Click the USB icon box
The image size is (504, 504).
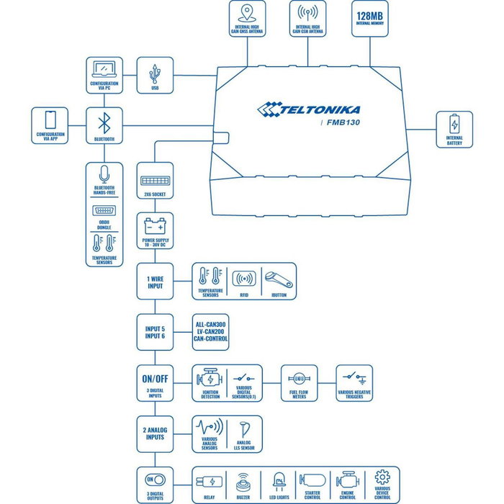pos(155,76)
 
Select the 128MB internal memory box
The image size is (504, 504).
pos(370,20)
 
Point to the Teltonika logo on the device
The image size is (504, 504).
pos(309,109)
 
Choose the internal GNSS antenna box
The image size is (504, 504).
pos(246,20)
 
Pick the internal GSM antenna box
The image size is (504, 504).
pos(308,20)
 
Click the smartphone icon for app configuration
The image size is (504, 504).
pos(50,119)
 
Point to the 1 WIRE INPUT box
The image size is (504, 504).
pos(155,281)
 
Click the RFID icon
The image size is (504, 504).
pos(245,278)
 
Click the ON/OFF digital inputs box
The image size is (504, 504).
pos(155,383)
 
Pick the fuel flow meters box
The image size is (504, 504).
pos(298,383)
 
